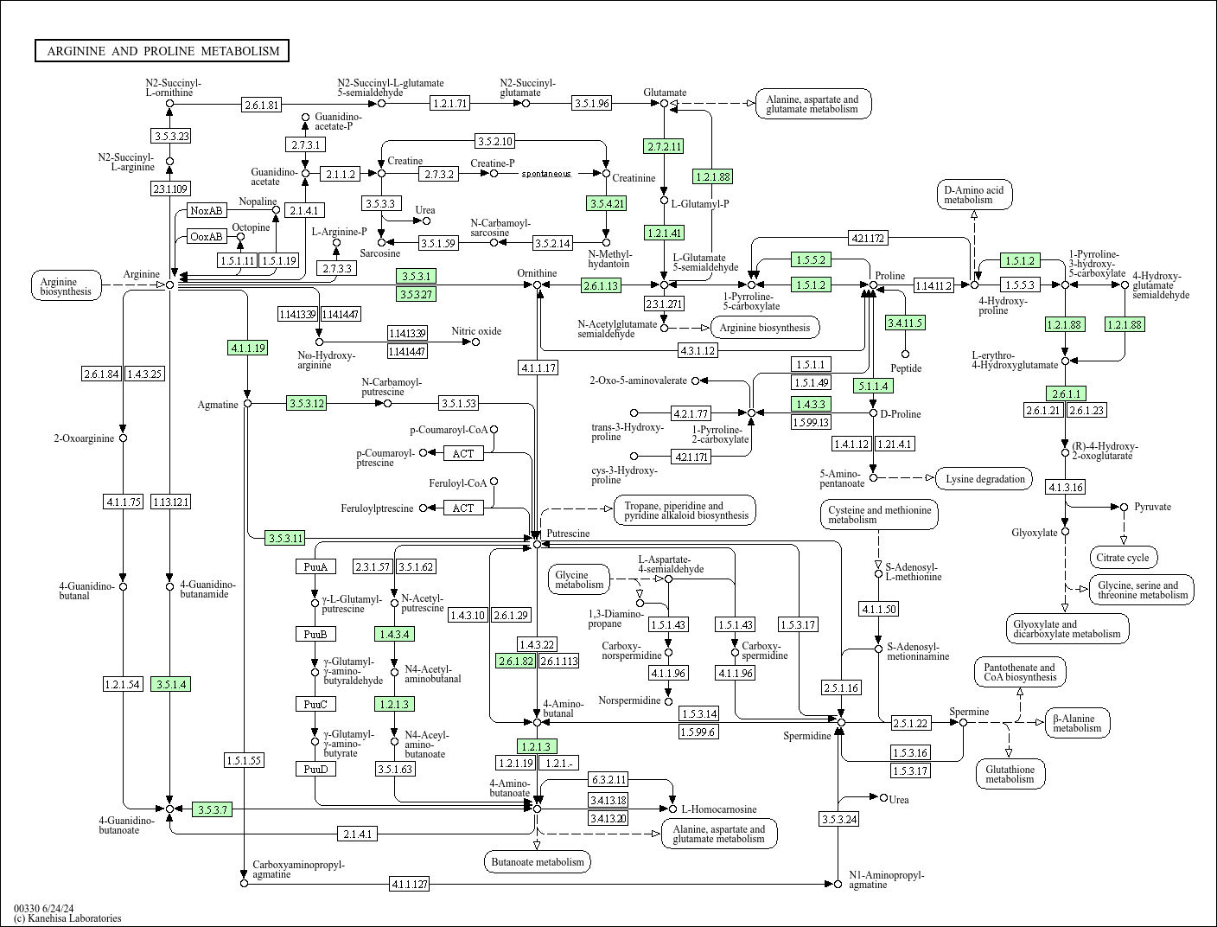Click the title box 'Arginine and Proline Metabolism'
click(x=162, y=51)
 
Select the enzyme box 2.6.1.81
click(x=262, y=105)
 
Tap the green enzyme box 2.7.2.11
click(x=664, y=146)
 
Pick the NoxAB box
click(x=207, y=211)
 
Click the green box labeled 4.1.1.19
click(x=248, y=348)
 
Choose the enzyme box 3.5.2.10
click(x=495, y=141)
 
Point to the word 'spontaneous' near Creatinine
click(x=546, y=174)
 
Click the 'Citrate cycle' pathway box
click(x=1123, y=558)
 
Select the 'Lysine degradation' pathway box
click(x=984, y=479)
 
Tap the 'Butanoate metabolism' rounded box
click(x=538, y=862)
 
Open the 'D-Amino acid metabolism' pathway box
click(x=974, y=195)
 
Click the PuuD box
click(x=315, y=769)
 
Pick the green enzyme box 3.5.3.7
click(x=213, y=809)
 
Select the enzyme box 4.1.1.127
click(x=409, y=885)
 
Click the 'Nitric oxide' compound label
click(x=476, y=331)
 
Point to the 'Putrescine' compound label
click(x=568, y=534)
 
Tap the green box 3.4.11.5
click(x=906, y=323)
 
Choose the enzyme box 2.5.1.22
click(x=912, y=723)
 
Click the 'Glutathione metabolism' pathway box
click(x=1010, y=774)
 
